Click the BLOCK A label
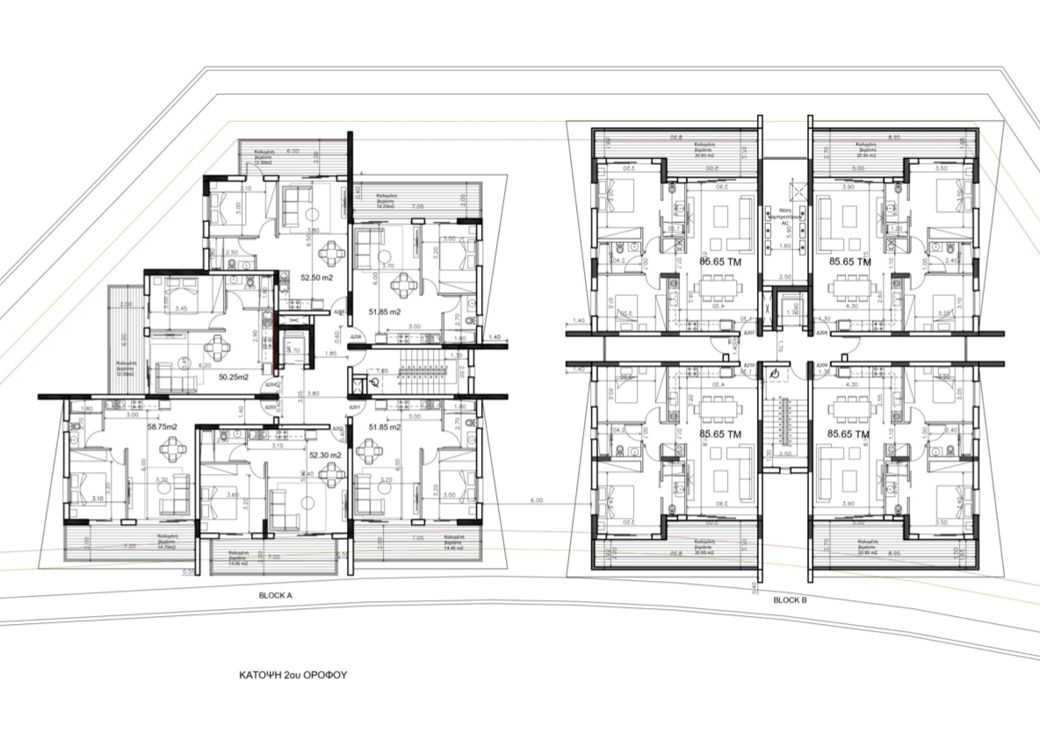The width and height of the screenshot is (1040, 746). [x=275, y=595]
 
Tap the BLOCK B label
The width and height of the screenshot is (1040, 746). [x=791, y=600]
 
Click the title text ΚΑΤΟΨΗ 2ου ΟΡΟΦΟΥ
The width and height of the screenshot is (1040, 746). [x=294, y=677]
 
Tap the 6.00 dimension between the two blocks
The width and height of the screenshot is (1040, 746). [x=536, y=501]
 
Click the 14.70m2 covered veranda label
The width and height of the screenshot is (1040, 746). [x=169, y=543]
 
